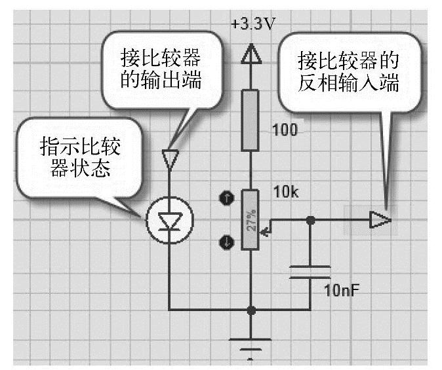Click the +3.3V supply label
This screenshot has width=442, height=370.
pyautogui.click(x=252, y=26)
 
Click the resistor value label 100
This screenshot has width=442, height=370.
pyautogui.click(x=284, y=130)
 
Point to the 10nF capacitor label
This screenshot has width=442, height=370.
pyautogui.click(x=342, y=289)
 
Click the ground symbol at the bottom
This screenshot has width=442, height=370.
pyautogui.click(x=249, y=344)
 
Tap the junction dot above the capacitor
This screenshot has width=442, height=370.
pyautogui.click(x=310, y=220)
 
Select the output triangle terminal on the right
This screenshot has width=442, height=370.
pyautogui.click(x=380, y=220)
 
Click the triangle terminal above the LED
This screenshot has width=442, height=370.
pyautogui.click(x=170, y=158)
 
